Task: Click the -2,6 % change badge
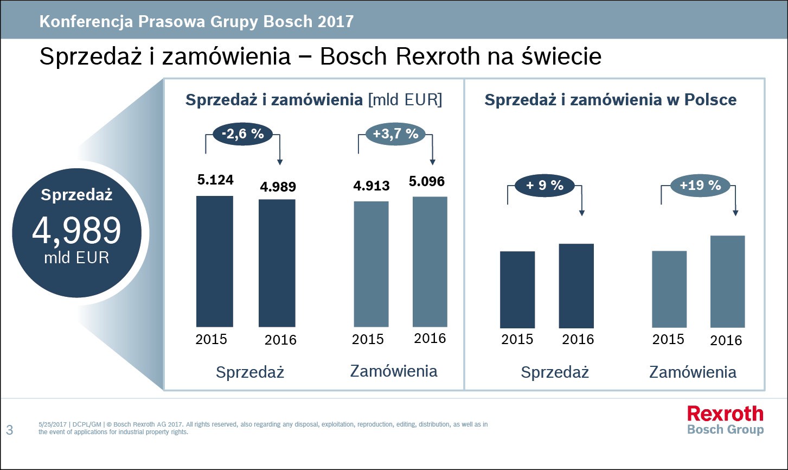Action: pos(242,134)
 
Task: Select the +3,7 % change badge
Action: pos(395,134)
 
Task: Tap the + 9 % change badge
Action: pos(544,186)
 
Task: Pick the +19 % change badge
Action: pos(700,186)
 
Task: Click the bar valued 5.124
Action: pos(214,261)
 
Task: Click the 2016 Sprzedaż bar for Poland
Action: pos(576,285)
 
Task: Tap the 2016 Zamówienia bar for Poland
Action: pos(727,281)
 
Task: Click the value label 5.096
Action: pos(427,181)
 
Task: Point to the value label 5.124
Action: pos(215,179)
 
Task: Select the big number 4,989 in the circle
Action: pos(76,230)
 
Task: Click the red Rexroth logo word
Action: pos(725,414)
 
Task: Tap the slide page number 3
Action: pos(9,431)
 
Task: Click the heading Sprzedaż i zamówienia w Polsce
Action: pos(610,100)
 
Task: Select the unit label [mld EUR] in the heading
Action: pos(405,100)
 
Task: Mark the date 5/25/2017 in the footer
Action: pos(52,424)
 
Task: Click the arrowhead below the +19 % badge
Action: pos(735,213)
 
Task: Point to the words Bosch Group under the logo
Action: pos(725,429)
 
